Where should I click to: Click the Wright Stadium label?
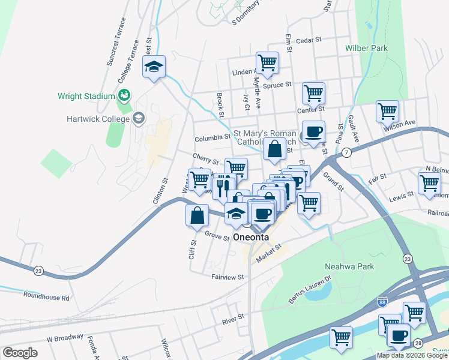click(86, 96)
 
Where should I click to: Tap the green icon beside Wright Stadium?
click(124, 95)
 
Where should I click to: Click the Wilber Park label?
click(366, 48)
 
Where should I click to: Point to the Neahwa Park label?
click(349, 266)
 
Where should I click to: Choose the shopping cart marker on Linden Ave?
click(267, 61)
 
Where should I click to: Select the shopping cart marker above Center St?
click(313, 93)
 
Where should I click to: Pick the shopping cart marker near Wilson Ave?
click(388, 110)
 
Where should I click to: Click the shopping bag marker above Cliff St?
click(197, 215)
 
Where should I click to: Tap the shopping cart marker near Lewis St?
click(429, 182)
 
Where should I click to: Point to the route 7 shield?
click(348, 154)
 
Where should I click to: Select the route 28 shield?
click(418, 342)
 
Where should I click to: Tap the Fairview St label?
click(228, 277)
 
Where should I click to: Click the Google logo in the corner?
click(20, 353)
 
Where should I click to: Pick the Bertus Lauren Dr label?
click(311, 289)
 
